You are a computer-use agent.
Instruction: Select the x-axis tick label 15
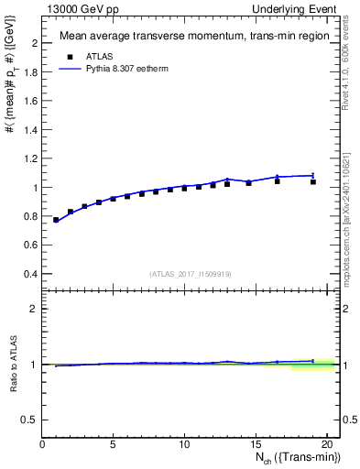point(256,444)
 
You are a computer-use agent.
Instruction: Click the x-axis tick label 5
point(114,444)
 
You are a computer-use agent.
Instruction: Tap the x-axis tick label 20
point(326,444)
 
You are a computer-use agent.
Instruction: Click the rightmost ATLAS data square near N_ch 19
point(312,182)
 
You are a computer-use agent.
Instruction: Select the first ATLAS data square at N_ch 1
point(56,220)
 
